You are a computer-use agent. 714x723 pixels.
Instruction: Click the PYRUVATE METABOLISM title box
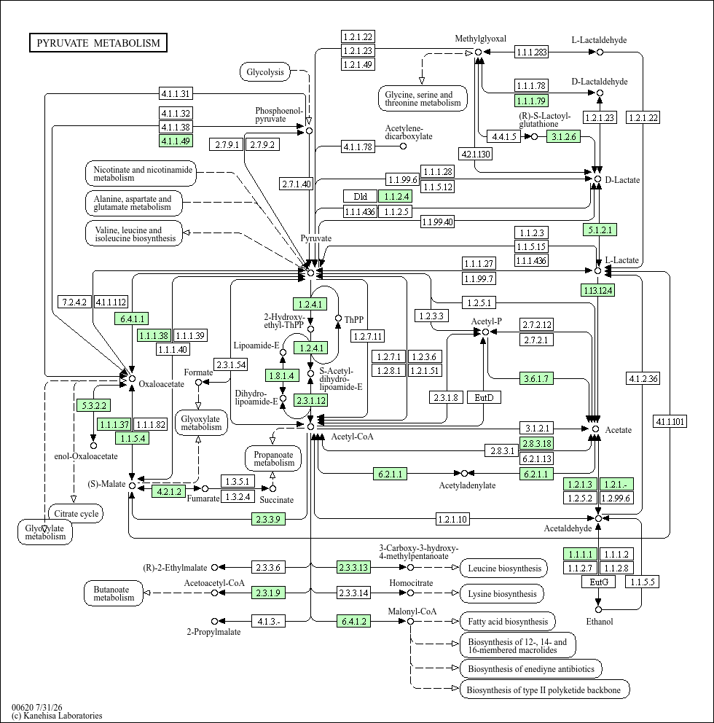(98, 43)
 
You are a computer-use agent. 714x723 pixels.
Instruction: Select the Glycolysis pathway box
(265, 72)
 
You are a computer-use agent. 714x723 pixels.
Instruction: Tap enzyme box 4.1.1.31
(176, 93)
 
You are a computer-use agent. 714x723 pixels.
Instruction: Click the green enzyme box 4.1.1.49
(176, 141)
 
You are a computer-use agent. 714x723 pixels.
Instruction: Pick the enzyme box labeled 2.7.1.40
(297, 184)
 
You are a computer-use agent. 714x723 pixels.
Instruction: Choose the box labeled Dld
(360, 197)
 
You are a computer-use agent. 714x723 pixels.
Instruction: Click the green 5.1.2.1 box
(600, 230)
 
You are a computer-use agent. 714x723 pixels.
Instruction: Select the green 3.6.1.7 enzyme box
(536, 378)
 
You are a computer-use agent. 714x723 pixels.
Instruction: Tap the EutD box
(484, 397)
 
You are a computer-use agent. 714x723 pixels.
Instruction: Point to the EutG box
(599, 582)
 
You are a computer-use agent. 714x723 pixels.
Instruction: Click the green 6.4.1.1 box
(132, 318)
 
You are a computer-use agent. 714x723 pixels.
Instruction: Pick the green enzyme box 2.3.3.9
(268, 519)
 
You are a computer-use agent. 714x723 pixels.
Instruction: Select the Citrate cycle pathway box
(76, 514)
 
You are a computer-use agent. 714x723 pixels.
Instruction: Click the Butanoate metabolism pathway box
(114, 593)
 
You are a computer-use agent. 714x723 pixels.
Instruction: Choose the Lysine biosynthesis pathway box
(502, 594)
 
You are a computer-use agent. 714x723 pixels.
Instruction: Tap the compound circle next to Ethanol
(598, 609)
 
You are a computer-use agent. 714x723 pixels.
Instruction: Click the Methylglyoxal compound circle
(479, 52)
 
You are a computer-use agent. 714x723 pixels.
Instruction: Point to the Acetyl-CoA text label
(352, 436)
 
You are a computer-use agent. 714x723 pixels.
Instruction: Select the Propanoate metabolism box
(273, 458)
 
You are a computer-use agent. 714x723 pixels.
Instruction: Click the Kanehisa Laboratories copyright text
(57, 716)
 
